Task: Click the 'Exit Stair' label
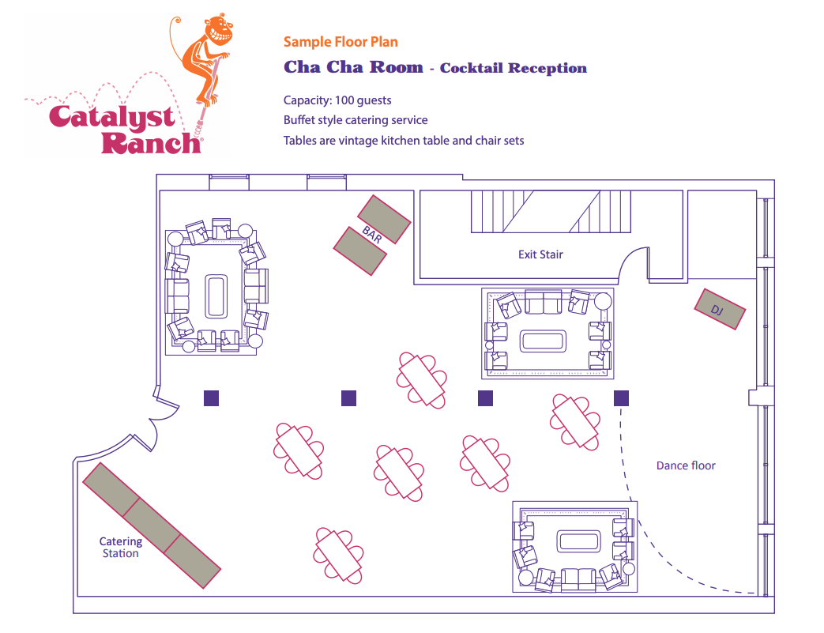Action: (540, 254)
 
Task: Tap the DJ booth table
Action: (720, 309)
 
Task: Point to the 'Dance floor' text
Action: (686, 465)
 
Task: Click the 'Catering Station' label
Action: (120, 548)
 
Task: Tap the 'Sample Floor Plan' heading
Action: (341, 42)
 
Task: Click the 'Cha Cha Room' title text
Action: (353, 67)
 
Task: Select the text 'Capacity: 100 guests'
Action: (337, 100)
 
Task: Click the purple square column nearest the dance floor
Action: (622, 398)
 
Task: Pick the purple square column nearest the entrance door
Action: (211, 398)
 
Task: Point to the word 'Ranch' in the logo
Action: (149, 143)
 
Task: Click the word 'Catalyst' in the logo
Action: (111, 117)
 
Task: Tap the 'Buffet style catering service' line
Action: (356, 120)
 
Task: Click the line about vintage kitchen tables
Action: (404, 141)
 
